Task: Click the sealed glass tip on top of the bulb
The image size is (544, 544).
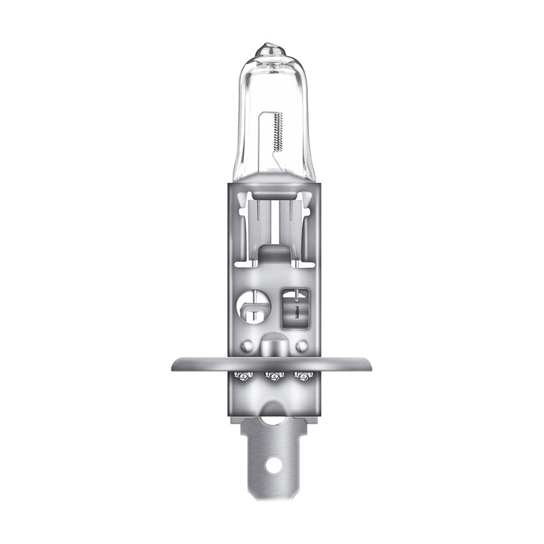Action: point(271,51)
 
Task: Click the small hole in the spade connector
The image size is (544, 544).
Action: point(273,465)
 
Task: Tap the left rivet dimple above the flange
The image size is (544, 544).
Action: point(247,345)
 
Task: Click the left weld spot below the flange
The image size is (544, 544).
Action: point(240,375)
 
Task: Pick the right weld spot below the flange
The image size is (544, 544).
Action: point(303,375)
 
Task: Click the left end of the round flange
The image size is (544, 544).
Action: point(175,364)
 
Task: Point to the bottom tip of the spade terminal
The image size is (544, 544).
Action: point(272,498)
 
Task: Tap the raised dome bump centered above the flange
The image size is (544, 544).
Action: point(272,344)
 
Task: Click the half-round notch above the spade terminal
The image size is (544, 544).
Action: point(272,415)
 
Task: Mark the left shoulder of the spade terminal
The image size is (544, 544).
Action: point(241,425)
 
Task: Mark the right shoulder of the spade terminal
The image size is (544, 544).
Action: point(303,425)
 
